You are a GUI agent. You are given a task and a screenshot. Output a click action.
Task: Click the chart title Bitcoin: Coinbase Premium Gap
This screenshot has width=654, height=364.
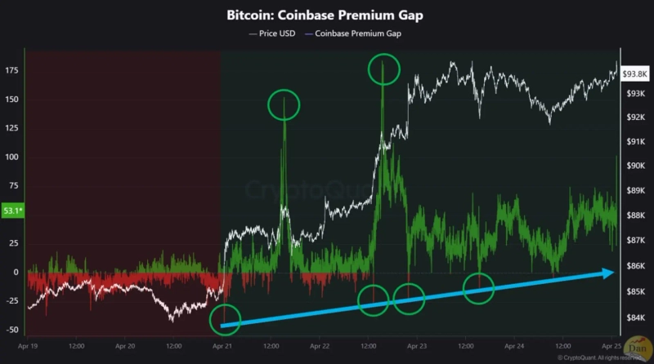326,16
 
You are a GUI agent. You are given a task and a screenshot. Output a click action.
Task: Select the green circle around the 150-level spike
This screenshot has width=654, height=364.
284,104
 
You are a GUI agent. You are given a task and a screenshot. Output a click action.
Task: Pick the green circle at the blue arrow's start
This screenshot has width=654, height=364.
226,318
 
